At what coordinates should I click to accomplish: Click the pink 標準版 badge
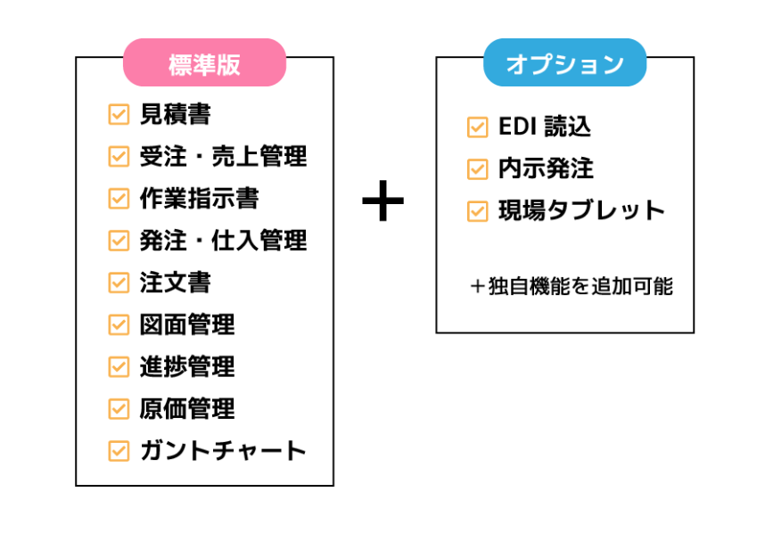pos(204,63)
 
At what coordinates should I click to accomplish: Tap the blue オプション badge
pos(564,63)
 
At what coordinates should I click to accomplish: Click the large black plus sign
pos(383,202)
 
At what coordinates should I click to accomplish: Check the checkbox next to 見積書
pos(119,114)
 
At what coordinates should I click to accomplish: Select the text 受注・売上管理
pos(223,156)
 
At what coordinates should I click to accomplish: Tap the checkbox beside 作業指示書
pos(119,198)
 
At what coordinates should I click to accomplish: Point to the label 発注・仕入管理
pos(223,240)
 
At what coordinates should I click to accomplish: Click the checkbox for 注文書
pos(119,283)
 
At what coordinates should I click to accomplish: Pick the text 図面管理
pos(187,324)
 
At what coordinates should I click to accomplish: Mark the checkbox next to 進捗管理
pos(119,366)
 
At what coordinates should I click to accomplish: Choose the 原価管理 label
pos(187,408)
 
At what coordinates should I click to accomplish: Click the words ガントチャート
pos(223,450)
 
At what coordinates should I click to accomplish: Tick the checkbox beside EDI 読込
pos(478,127)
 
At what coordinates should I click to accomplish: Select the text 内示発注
pos(546,168)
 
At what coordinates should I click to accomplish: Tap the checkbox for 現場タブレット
pos(478,211)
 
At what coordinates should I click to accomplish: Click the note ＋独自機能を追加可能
pos(572,287)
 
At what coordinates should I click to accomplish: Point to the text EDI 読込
pos(544,127)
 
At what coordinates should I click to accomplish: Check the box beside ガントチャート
pos(119,450)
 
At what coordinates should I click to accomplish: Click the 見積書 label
pos(175,114)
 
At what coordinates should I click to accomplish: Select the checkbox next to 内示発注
pos(478,169)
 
